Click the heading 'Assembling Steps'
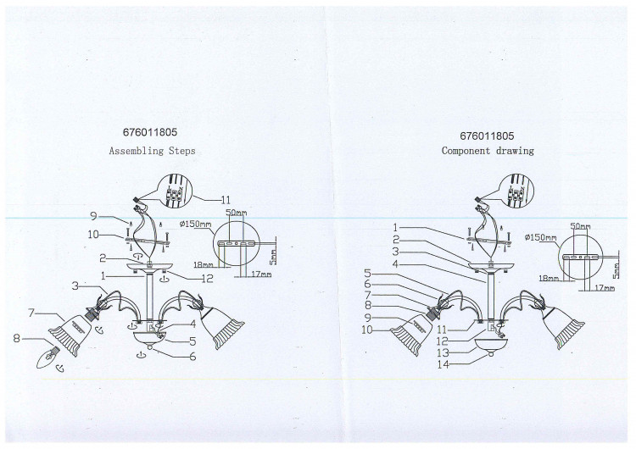152,151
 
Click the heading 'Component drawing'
488,151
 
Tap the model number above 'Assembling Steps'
150,132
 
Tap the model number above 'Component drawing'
487,136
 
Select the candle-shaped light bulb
48,357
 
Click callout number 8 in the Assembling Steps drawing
17,337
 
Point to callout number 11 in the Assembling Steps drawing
226,199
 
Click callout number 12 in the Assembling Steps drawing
207,279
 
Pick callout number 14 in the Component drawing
444,364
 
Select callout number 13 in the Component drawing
444,353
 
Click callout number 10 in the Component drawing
367,330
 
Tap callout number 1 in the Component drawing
395,228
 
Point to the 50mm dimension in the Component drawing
580,226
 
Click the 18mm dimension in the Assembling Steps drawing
204,264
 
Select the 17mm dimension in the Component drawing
605,288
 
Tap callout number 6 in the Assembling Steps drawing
193,356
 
